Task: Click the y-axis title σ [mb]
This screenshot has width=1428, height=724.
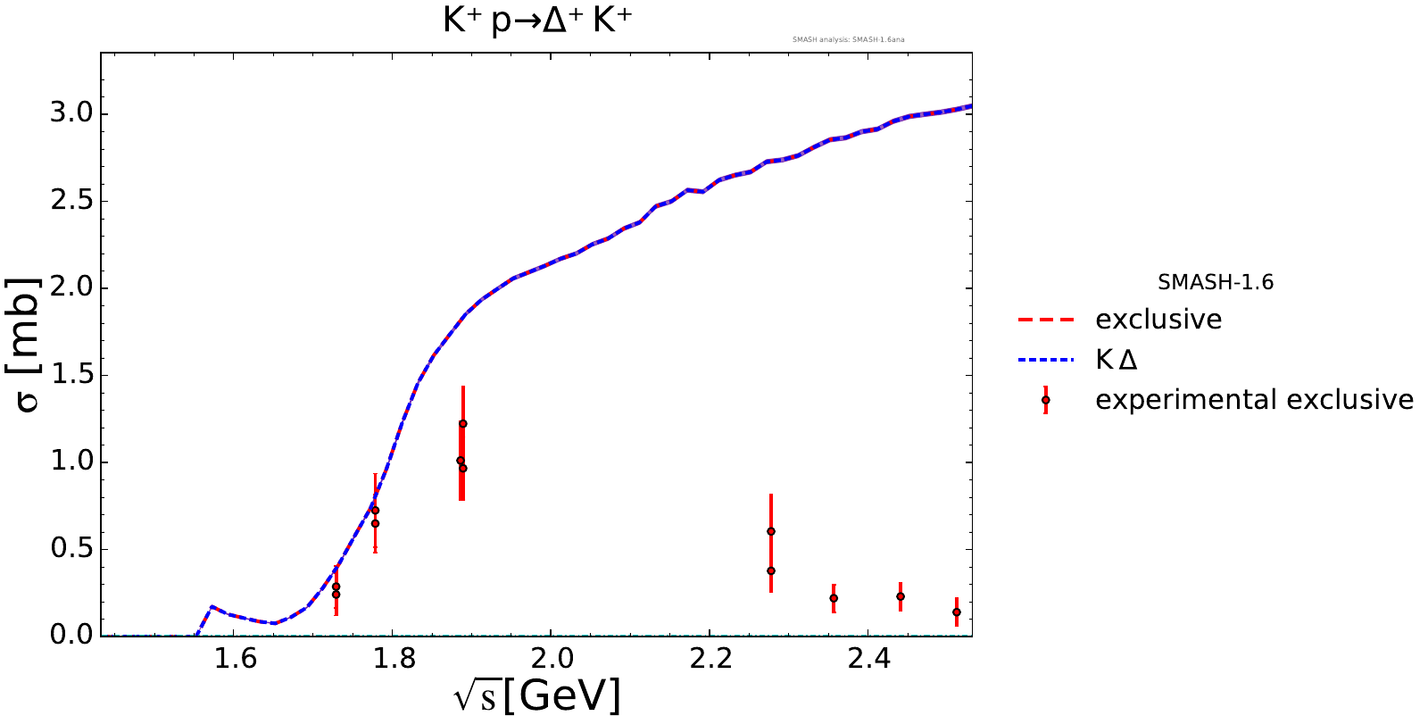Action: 28,344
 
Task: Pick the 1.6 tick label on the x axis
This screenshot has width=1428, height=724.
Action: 236,660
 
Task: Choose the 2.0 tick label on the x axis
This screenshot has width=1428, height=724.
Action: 552,660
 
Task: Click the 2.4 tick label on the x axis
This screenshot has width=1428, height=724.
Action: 868,660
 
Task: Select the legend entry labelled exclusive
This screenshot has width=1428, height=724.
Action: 1158,320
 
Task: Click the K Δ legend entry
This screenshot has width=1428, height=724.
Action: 1117,360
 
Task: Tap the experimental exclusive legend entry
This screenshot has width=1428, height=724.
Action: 1254,400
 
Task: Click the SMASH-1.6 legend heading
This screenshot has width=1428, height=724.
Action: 1216,283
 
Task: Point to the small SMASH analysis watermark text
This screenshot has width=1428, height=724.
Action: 849,39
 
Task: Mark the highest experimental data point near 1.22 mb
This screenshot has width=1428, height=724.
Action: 463,424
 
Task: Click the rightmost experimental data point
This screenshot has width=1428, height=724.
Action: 957,612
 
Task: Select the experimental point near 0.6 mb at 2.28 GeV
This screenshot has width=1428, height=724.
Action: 771,531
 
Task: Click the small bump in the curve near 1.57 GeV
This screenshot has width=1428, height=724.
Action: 212,607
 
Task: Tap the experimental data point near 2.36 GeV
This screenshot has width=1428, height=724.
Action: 834,598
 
